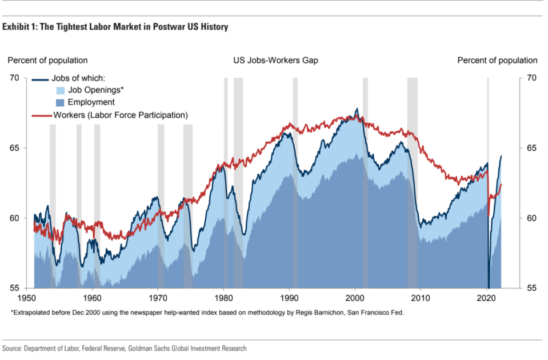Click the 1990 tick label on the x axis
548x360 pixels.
[289, 298]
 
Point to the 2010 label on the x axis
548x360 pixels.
[421, 298]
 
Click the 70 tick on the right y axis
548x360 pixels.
[531, 78]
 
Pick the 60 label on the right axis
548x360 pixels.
[531, 218]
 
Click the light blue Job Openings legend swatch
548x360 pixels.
[61, 90]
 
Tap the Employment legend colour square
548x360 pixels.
[61, 103]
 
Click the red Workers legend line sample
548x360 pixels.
[42, 115]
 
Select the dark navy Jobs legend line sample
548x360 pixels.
[40, 79]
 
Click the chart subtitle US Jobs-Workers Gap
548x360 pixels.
[276, 60]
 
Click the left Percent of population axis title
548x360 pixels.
[47, 60]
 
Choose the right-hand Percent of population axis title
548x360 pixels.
[497, 60]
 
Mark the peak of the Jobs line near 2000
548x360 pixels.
[357, 109]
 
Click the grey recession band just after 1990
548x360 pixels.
[295, 183]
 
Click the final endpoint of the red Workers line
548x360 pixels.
[501, 184]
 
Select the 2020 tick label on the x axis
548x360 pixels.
[486, 298]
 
